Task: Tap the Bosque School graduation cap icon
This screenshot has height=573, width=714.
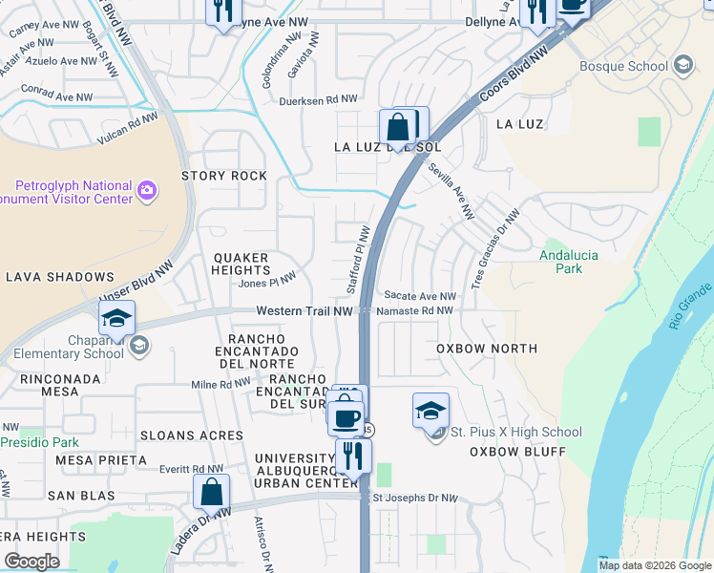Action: click(x=682, y=65)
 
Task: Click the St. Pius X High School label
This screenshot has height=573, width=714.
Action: click(x=515, y=432)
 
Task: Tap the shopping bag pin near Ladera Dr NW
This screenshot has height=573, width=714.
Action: click(x=212, y=492)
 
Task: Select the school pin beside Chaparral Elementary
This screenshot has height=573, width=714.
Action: click(x=116, y=318)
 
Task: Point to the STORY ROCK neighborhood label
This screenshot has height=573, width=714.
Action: click(x=224, y=176)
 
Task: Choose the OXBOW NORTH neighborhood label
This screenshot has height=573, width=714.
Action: click(x=487, y=349)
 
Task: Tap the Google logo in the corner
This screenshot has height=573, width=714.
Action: click(x=31, y=561)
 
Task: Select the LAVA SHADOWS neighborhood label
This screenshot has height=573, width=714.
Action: click(x=59, y=277)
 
